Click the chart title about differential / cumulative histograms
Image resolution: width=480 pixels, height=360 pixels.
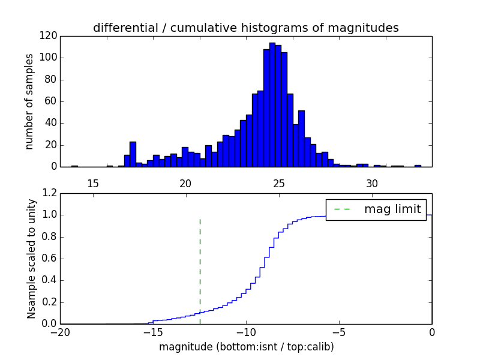[246, 28]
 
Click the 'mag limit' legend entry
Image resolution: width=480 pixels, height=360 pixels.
[376, 209]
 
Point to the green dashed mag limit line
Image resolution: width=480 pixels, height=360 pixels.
[200, 270]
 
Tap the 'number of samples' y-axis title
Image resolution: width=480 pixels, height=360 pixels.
[29, 101]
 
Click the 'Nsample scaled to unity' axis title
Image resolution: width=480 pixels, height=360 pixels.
[31, 259]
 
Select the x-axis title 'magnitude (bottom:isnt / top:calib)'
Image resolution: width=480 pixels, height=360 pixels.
[246, 347]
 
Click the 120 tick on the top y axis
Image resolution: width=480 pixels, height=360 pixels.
[49, 36]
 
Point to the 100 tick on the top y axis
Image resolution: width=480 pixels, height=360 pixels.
[49, 58]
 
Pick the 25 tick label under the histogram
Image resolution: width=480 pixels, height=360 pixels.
[279, 183]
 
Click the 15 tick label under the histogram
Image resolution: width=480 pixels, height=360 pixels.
[93, 183]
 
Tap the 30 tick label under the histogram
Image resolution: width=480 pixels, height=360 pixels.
[372, 183]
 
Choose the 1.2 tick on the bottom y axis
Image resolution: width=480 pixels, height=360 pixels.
[50, 193]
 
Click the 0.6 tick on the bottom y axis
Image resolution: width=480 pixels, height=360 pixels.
[50, 259]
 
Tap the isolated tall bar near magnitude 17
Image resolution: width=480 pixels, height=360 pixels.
[133, 154]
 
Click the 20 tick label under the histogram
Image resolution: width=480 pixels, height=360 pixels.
[186, 183]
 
